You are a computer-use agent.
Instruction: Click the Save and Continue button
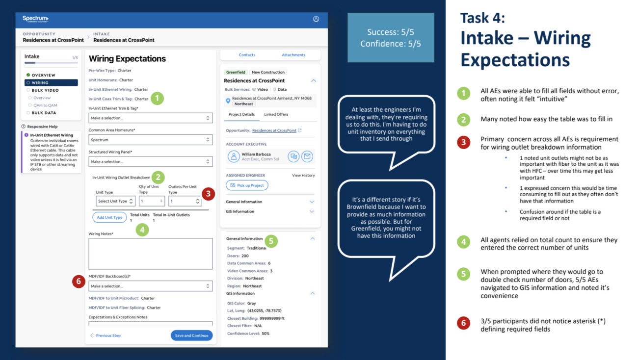(191, 335)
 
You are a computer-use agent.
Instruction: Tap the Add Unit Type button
(109, 217)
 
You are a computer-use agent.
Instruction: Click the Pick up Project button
(247, 185)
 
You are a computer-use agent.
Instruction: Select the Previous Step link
(105, 335)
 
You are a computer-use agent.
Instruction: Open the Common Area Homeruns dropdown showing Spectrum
(150, 140)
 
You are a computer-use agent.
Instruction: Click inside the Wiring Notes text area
(150, 254)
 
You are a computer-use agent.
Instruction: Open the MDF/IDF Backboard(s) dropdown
(150, 286)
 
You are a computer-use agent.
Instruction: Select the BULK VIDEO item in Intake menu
(45, 90)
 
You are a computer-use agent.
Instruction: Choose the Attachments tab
(293, 55)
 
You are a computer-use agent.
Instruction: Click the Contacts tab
(247, 55)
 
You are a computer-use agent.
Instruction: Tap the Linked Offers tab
(276, 114)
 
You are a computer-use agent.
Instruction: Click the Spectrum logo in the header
(35, 19)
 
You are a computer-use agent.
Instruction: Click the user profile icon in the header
(316, 19)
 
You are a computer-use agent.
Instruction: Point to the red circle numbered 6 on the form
(79, 281)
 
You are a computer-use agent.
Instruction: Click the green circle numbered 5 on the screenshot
(271, 241)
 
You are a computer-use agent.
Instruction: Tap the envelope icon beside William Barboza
(307, 156)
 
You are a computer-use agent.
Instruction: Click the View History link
(303, 175)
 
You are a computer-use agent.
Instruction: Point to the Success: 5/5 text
(390, 32)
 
